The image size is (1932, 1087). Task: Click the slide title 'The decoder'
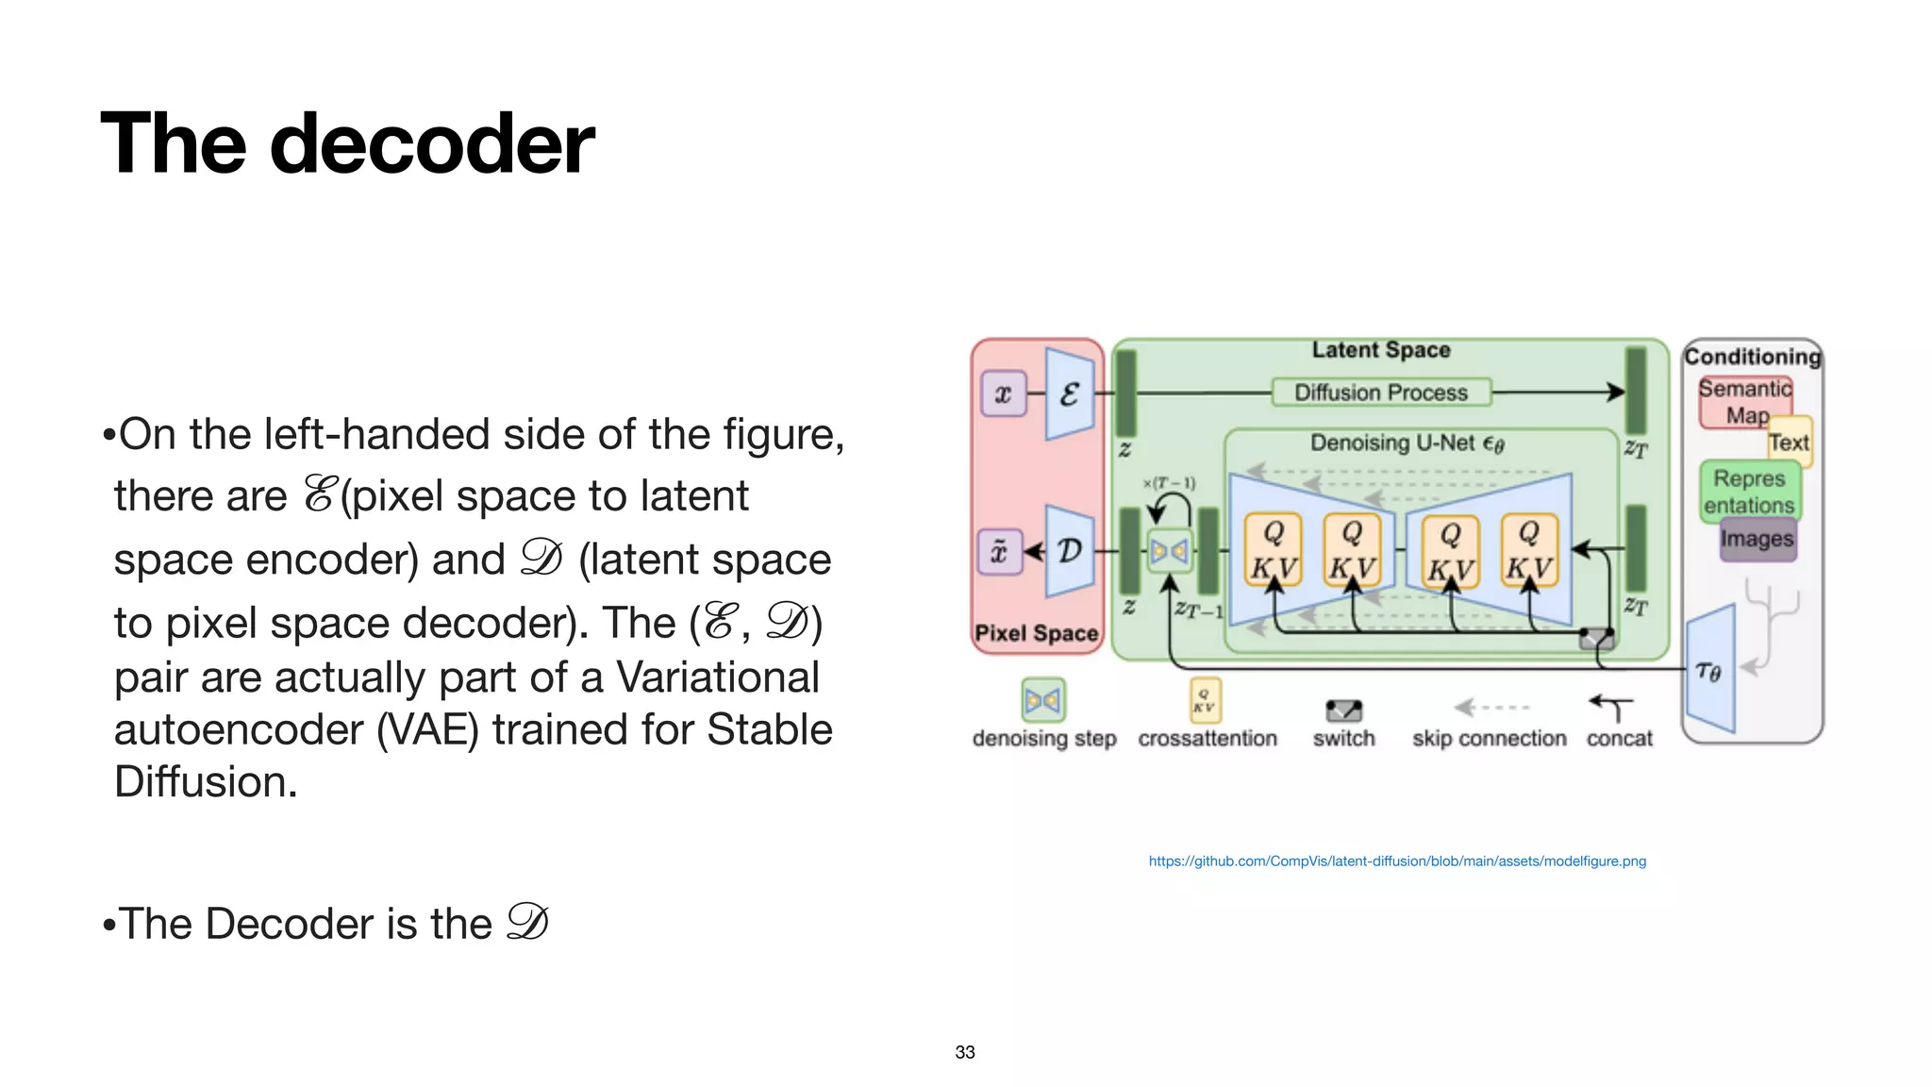[x=347, y=143]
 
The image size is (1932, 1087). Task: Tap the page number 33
[x=964, y=1052]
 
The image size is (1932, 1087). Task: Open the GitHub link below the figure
[x=1396, y=861]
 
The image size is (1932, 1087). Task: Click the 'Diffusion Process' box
[x=1381, y=392]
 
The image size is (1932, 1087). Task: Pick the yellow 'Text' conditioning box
[x=1790, y=442]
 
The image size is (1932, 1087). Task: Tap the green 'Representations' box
[x=1750, y=492]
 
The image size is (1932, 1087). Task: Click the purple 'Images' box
[x=1757, y=539]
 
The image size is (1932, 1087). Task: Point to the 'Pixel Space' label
[x=1036, y=633]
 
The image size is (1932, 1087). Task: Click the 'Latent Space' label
[x=1380, y=350]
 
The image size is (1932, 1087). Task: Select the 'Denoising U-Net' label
[x=1406, y=443]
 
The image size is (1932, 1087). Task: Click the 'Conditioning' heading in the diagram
[x=1752, y=357]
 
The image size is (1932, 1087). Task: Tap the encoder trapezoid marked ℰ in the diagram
[x=1069, y=393]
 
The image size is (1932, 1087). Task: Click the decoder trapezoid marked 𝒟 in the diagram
[x=1070, y=550]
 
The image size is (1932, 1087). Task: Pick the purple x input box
[x=1003, y=393]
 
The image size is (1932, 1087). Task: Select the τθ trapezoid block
[x=1709, y=671]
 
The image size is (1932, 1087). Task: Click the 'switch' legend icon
[x=1343, y=710]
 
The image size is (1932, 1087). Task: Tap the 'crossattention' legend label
[x=1207, y=738]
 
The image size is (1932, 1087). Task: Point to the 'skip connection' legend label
[x=1489, y=738]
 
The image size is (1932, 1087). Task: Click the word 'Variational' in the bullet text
[x=717, y=677]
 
